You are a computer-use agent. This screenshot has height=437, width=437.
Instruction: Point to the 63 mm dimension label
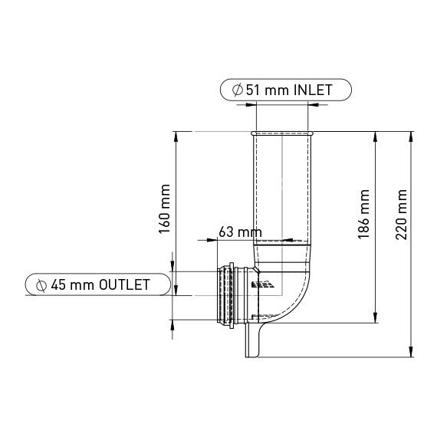(240, 232)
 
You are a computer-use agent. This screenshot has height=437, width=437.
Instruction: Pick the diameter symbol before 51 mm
(237, 90)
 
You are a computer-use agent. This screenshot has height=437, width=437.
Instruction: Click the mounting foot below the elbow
(254, 341)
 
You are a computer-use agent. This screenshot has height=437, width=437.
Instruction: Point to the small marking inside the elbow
(261, 284)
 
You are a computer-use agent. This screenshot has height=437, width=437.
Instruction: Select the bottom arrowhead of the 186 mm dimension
(376, 319)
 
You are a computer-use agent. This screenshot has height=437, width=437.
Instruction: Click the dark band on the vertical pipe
(284, 242)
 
